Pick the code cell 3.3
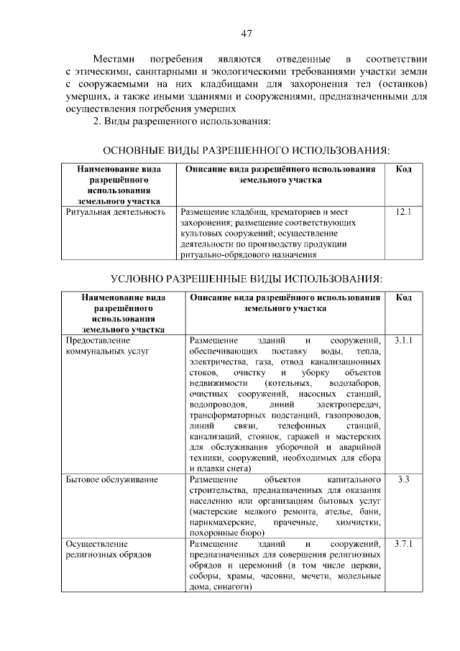pos(402,479)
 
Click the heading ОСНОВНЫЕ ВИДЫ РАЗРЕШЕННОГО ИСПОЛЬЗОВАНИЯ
pos(247,150)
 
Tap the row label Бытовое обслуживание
pos(111,479)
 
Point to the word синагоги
pos(231,586)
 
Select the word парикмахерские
pos(222,522)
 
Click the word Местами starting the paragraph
pos(116,58)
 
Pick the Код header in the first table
pos(403,169)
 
